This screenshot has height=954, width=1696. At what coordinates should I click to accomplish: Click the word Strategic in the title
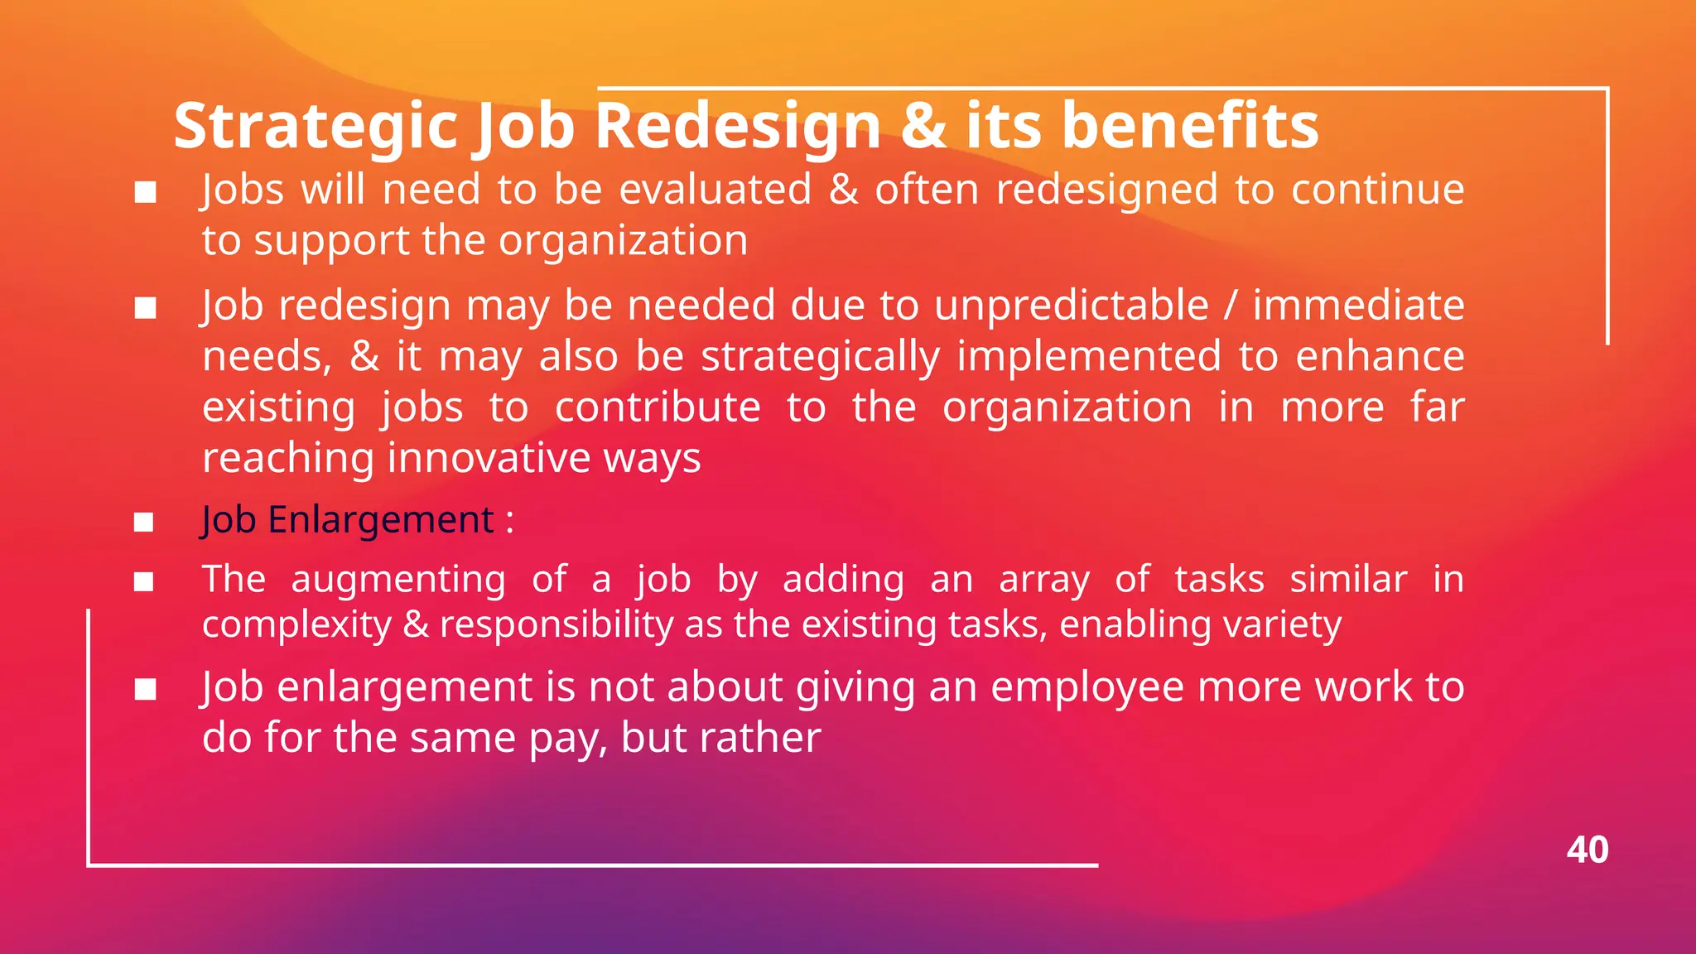coord(315,127)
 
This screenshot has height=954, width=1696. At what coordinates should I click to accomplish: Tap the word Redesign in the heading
coord(738,127)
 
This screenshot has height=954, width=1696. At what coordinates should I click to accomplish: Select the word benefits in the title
coord(1190,125)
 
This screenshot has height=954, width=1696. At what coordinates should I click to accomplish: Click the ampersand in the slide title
coord(923,126)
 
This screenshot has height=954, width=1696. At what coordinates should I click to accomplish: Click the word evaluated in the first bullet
coord(715,189)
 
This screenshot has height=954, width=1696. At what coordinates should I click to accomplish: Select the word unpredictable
coord(1072,305)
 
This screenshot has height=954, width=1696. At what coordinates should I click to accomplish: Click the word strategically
coord(821,356)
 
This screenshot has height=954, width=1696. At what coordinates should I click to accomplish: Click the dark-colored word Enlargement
coord(381,520)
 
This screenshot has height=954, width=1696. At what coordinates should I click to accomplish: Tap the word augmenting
coord(398,579)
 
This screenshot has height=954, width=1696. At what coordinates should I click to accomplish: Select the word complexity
coord(296,624)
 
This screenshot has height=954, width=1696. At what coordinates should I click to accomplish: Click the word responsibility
coord(556,624)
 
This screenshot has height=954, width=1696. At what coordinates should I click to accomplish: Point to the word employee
coord(1087,687)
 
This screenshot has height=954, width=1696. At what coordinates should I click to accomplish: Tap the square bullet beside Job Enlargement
coord(144,522)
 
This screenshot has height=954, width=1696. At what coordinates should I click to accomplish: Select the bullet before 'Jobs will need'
coord(146,192)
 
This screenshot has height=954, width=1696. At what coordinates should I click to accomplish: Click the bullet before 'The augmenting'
coord(144,581)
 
